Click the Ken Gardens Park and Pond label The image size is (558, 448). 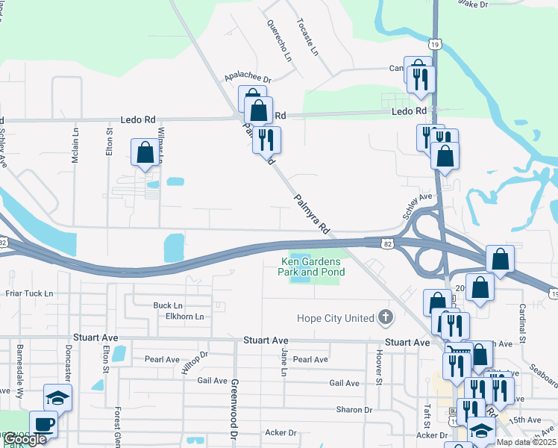(x=312, y=267)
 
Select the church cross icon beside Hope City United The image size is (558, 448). (x=385, y=318)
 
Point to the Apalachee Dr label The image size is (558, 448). (x=248, y=78)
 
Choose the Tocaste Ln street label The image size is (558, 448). (x=307, y=37)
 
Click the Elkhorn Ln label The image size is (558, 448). (x=185, y=317)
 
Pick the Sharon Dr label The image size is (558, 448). (x=354, y=410)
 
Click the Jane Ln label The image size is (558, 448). (x=284, y=361)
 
